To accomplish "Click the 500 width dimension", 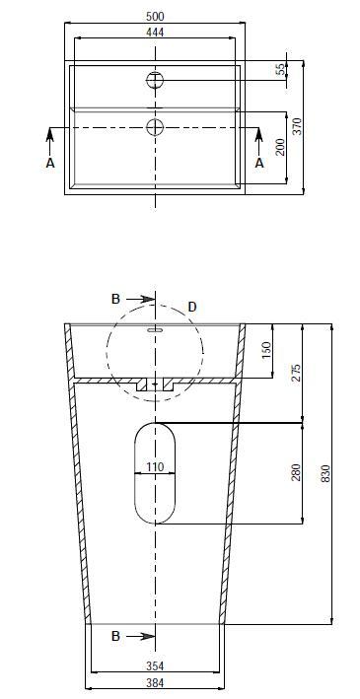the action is (155, 17).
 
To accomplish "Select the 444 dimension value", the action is (155, 33).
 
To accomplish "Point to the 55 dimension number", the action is (280, 69).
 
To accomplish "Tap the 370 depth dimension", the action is (298, 126).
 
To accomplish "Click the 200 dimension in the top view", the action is (280, 147).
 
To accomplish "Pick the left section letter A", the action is (50, 163).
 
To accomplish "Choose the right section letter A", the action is (259, 163).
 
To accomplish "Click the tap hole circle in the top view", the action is (155, 80).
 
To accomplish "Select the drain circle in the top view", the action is (155, 127).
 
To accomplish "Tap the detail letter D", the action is (192, 307).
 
